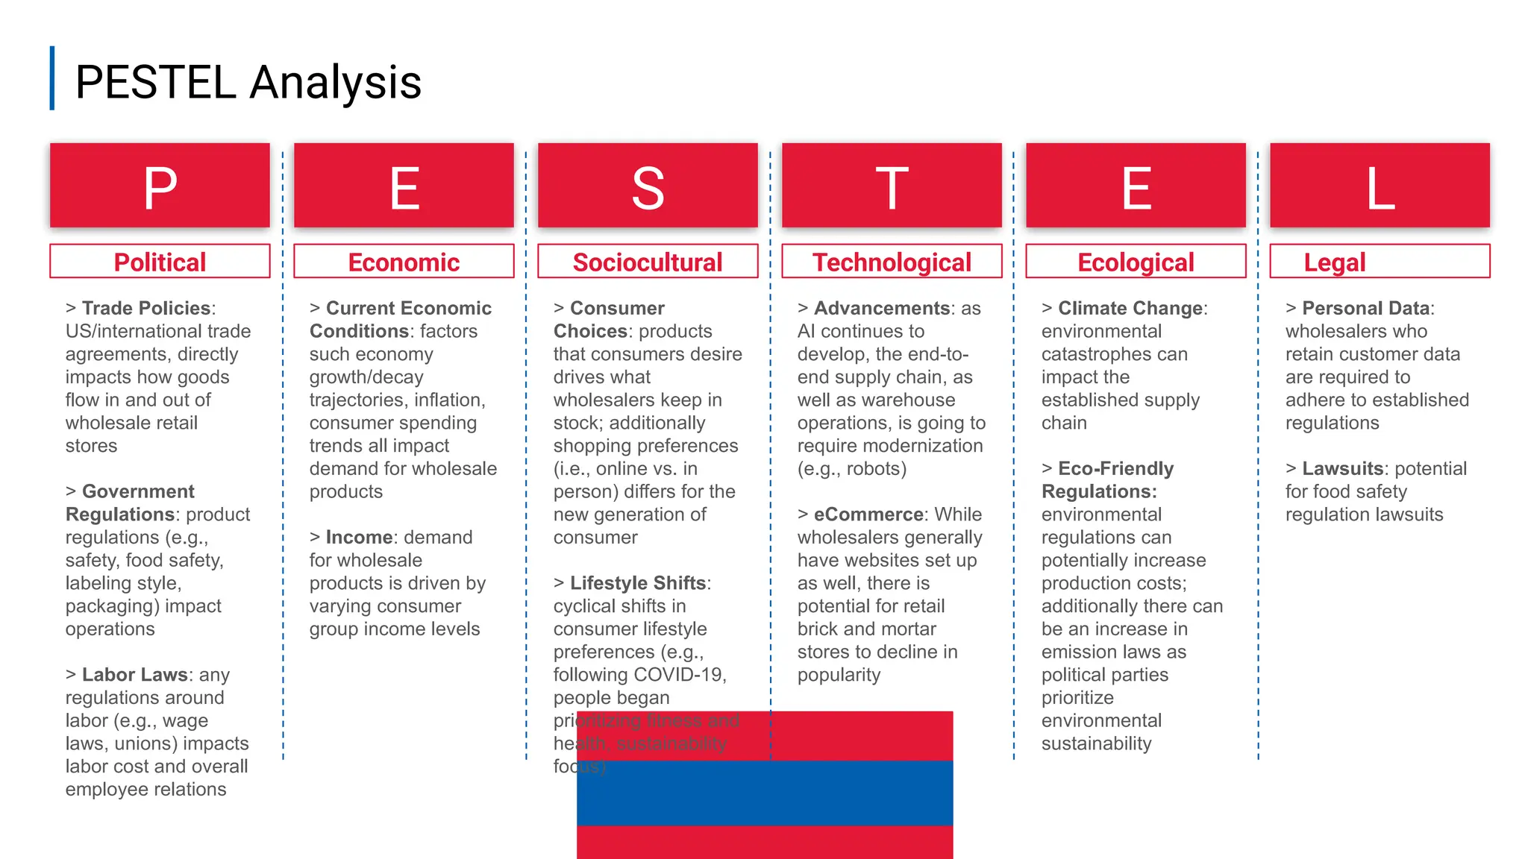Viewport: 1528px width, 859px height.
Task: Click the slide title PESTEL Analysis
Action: pyautogui.click(x=248, y=82)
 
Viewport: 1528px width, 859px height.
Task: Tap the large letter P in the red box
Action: pyautogui.click(x=160, y=188)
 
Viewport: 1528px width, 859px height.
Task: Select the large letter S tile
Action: pyautogui.click(x=648, y=188)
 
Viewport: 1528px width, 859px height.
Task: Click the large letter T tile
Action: pyautogui.click(x=892, y=188)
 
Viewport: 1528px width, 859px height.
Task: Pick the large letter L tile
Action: pyautogui.click(x=1380, y=188)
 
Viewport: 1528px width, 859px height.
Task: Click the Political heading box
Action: pyautogui.click(x=160, y=262)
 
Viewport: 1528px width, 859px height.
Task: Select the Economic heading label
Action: pyautogui.click(x=404, y=262)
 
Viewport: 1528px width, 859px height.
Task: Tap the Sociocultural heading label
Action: pyautogui.click(x=648, y=262)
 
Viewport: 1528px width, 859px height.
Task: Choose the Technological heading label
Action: pyautogui.click(x=892, y=262)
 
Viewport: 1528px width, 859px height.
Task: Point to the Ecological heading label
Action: pyautogui.click(x=1136, y=262)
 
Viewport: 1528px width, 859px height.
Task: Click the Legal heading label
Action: pyautogui.click(x=1334, y=262)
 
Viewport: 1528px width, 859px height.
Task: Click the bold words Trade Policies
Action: pyautogui.click(x=146, y=308)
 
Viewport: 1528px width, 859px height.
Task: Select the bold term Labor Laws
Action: pyautogui.click(x=134, y=674)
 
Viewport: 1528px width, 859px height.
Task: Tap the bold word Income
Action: pyautogui.click(x=359, y=537)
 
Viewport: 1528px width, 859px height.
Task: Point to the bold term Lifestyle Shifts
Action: pyautogui.click(x=638, y=582)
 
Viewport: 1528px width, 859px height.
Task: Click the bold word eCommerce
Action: pyautogui.click(x=868, y=514)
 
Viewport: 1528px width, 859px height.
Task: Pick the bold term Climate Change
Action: pyautogui.click(x=1130, y=308)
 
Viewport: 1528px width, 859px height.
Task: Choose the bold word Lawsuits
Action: pyautogui.click(x=1342, y=468)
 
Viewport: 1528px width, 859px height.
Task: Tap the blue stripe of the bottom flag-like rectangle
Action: pyautogui.click(x=765, y=793)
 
